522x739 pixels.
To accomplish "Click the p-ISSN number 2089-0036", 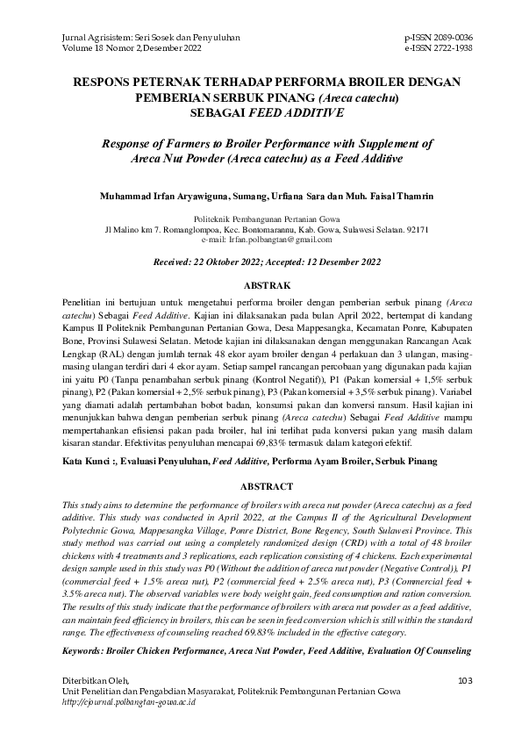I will (x=449, y=39).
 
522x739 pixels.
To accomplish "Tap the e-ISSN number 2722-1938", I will (x=450, y=49).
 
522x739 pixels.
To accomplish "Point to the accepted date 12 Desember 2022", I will (x=340, y=262).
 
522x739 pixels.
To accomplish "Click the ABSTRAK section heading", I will (x=261, y=286).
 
